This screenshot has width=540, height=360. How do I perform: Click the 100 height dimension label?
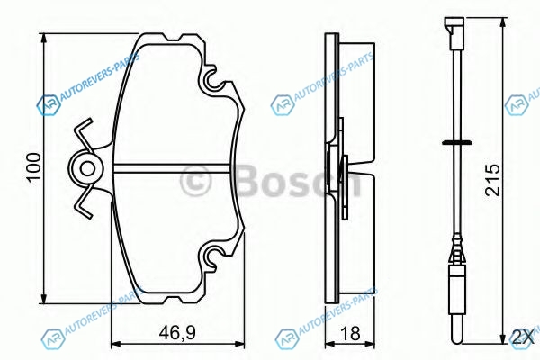(x=34, y=166)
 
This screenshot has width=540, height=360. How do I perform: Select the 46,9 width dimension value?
(x=177, y=333)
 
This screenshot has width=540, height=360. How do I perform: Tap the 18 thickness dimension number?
(x=349, y=334)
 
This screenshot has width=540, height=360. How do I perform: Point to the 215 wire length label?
(x=492, y=179)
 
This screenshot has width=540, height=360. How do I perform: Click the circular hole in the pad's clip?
(x=87, y=169)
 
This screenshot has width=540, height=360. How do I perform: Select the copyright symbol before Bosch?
(x=195, y=181)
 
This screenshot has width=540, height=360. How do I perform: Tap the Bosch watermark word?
(x=298, y=180)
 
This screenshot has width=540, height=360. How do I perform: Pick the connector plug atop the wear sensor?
(x=454, y=32)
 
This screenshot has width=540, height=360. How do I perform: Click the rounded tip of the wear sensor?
(x=457, y=338)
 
